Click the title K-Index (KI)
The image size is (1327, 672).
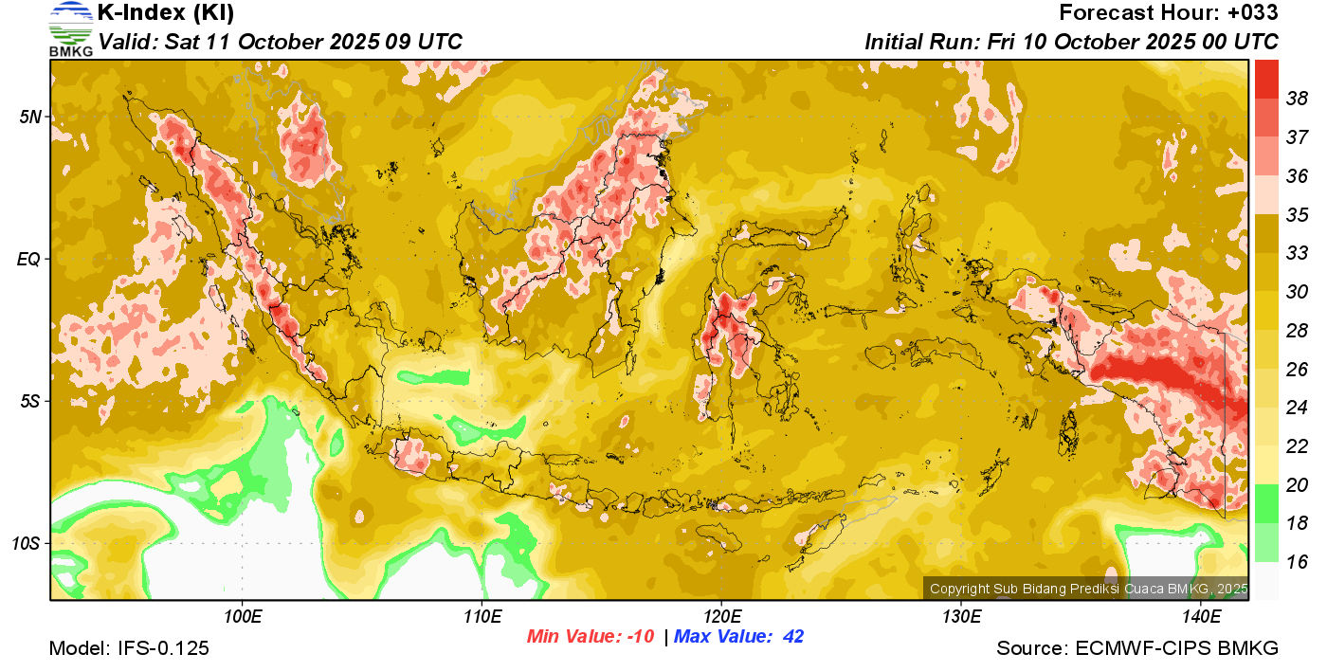pos(166,13)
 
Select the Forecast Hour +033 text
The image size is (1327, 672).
pos(1169,13)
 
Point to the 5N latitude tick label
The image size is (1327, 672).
pos(30,117)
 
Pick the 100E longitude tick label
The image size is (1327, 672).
pos(243,617)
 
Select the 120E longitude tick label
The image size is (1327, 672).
pos(721,617)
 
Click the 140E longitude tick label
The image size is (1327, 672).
pos(1201,617)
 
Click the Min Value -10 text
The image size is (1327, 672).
pos(591,637)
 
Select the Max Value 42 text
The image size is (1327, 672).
pos(738,637)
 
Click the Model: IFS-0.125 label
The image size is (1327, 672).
pos(129,649)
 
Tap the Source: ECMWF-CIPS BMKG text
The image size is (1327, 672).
pos(1137,649)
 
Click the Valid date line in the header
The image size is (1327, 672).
pos(281,42)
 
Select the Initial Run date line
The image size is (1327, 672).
pos(1071,42)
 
